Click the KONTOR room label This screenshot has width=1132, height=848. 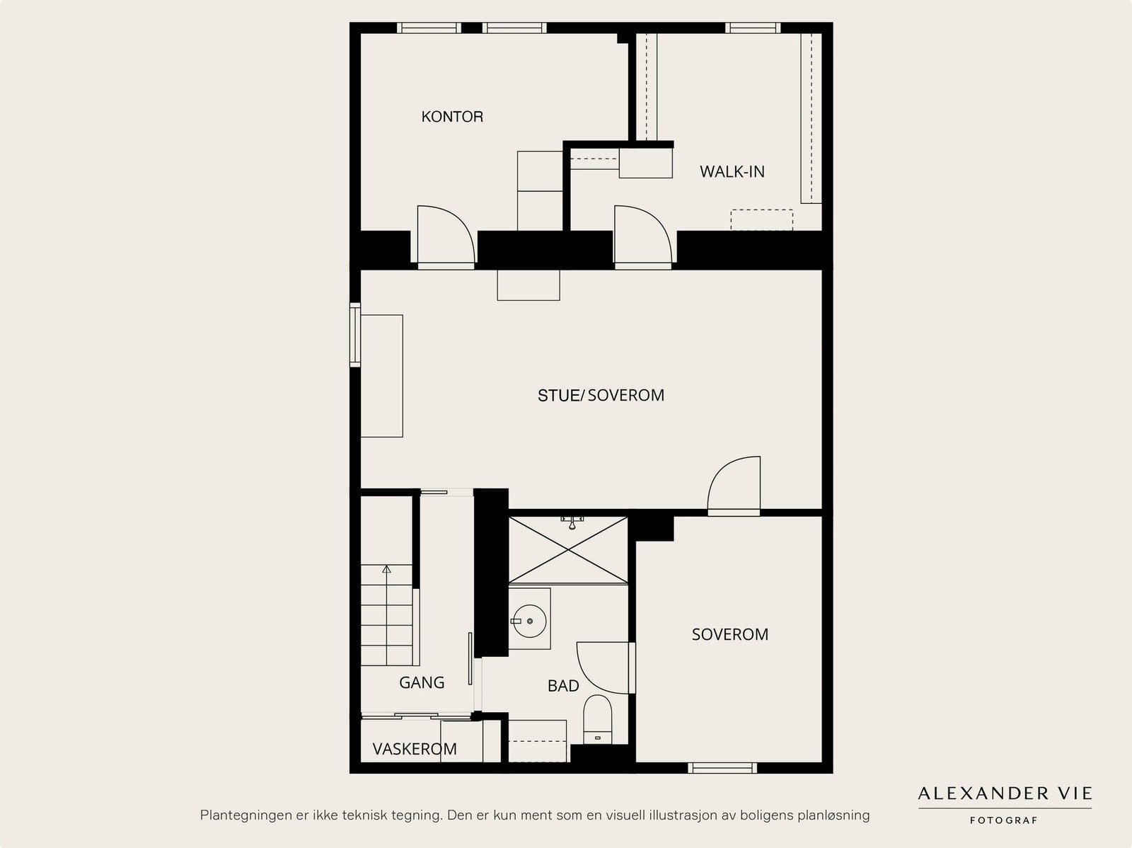[x=452, y=117]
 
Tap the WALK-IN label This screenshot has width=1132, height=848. [x=732, y=172]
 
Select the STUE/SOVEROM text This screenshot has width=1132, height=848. [x=601, y=395]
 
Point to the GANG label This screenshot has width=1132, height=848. [x=422, y=682]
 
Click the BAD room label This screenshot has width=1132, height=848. [x=563, y=685]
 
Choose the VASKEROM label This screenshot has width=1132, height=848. [x=415, y=749]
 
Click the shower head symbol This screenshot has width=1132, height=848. [x=572, y=522]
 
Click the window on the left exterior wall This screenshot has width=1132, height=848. [x=355, y=336]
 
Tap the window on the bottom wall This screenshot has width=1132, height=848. [x=722, y=768]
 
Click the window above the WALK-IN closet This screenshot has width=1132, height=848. [x=753, y=28]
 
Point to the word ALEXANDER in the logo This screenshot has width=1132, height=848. [x=983, y=793]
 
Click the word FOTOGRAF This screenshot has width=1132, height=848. [x=1003, y=820]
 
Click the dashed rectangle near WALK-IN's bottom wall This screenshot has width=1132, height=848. [x=762, y=219]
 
